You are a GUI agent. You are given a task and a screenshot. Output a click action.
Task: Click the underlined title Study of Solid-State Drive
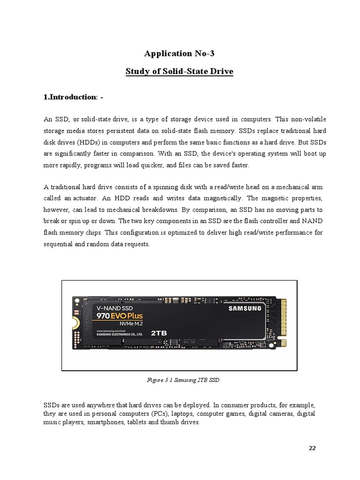[180, 72]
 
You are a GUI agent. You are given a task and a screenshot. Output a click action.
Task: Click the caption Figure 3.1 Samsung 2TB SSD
[180, 380]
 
